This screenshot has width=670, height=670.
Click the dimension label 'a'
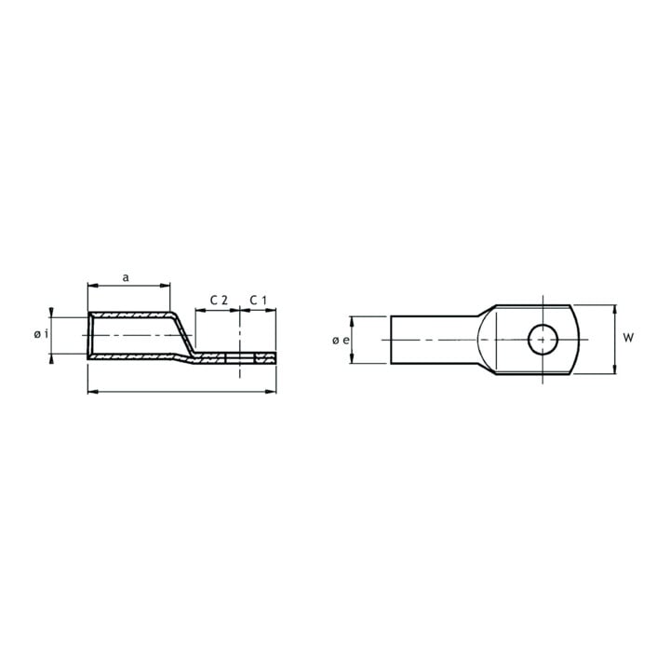[126, 277]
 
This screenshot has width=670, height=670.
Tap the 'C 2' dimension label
[219, 301]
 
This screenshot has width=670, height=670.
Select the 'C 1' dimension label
[258, 301]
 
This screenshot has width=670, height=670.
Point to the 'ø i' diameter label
[41, 334]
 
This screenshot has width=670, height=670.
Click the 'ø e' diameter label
[341, 341]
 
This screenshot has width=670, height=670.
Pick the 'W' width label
[628, 338]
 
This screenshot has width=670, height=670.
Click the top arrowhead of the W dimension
[615, 310]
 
